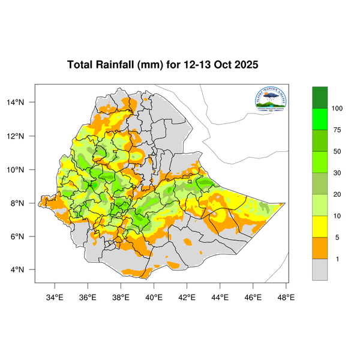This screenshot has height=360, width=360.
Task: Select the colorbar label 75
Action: [x=337, y=130]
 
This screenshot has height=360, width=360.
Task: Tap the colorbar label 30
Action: [x=337, y=173]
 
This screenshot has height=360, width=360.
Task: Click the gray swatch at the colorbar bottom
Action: [x=320, y=269]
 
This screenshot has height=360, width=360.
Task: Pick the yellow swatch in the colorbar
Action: [x=320, y=226]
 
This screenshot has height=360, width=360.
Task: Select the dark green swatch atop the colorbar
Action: [x=320, y=97]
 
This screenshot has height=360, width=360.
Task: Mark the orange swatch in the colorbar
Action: [x=320, y=248]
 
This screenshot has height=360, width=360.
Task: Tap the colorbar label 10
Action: [x=337, y=215]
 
